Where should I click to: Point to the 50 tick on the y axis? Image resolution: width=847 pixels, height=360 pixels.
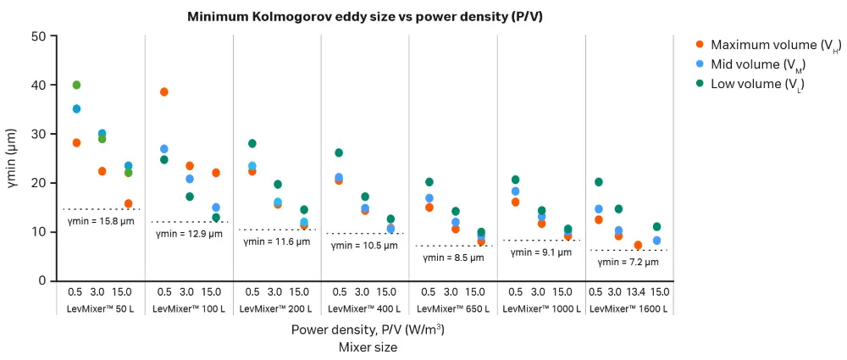point(38,36)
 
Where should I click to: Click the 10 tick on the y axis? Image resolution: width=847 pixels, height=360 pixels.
point(38,232)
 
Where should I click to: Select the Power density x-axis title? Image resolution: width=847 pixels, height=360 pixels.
point(368,330)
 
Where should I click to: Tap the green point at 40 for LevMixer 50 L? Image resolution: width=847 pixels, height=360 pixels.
point(76,85)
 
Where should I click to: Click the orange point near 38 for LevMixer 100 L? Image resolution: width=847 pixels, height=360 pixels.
point(164,91)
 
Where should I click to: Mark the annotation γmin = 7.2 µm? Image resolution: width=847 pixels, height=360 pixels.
point(627,263)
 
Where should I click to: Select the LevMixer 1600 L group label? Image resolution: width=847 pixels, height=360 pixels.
point(628,308)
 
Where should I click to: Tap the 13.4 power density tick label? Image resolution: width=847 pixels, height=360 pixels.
point(638,291)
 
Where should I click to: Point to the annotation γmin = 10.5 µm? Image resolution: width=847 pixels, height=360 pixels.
point(363,246)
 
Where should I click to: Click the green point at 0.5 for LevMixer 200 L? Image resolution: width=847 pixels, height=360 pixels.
point(252,143)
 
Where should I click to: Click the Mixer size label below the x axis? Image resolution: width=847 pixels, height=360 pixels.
point(368,346)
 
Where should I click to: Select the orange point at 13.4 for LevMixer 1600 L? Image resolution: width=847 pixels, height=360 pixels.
point(638,246)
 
